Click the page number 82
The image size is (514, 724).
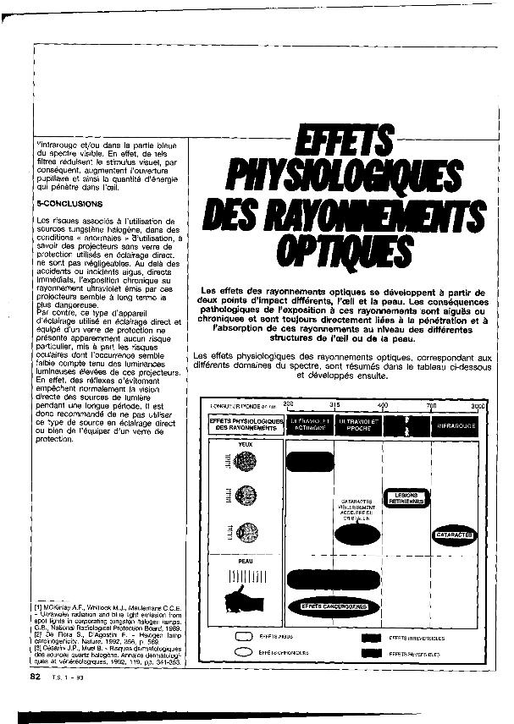click(35, 677)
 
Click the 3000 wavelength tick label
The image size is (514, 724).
click(478, 406)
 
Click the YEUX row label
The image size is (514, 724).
click(246, 442)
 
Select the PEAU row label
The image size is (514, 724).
click(246, 559)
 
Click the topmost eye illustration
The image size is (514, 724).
click(246, 461)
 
